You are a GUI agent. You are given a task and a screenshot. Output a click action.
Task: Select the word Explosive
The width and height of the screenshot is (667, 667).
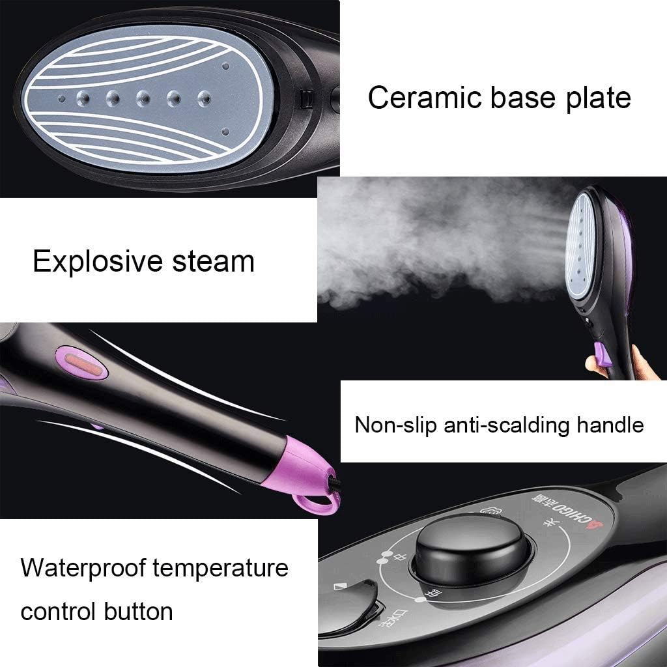[x=96, y=261]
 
